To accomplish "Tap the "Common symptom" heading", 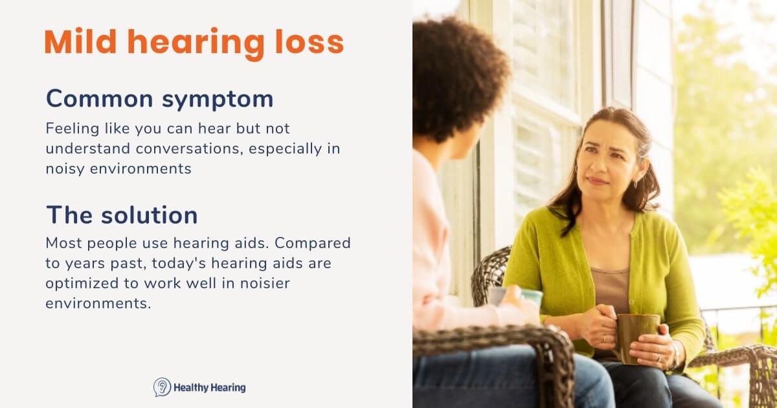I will (x=159, y=99).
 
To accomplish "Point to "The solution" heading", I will (x=122, y=215).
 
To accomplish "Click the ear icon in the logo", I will (x=162, y=387).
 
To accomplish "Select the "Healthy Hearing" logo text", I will (x=209, y=388).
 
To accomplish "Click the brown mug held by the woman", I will (x=636, y=337).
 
